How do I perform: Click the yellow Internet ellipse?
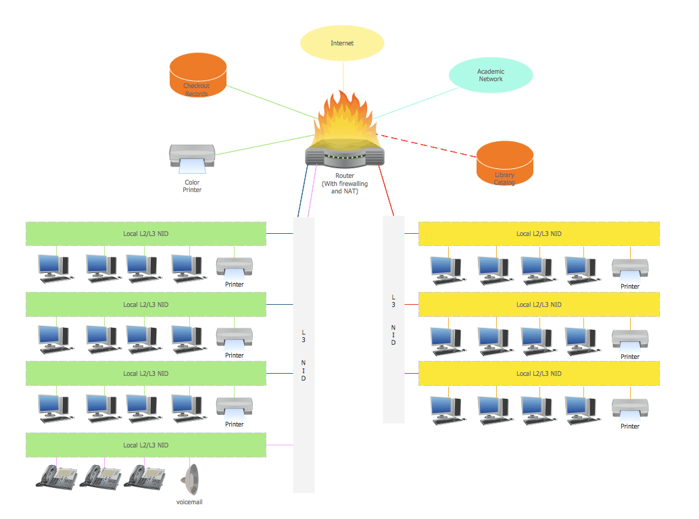[x=342, y=43]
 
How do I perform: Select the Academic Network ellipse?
[x=491, y=75]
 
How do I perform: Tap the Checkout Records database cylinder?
[x=197, y=76]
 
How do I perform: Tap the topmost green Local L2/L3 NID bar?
[x=145, y=234]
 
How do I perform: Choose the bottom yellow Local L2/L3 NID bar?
[x=539, y=374]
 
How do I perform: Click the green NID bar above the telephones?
[x=145, y=445]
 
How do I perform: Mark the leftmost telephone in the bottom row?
[x=57, y=476]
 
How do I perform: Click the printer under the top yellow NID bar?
[x=630, y=269]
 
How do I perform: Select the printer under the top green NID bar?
[x=234, y=267]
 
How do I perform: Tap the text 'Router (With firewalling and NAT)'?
[x=345, y=183]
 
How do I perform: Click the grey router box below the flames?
[x=345, y=156]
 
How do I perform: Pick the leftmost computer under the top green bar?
[x=53, y=267]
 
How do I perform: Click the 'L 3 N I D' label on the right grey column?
[x=393, y=319]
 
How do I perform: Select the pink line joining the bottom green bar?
[x=280, y=445]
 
